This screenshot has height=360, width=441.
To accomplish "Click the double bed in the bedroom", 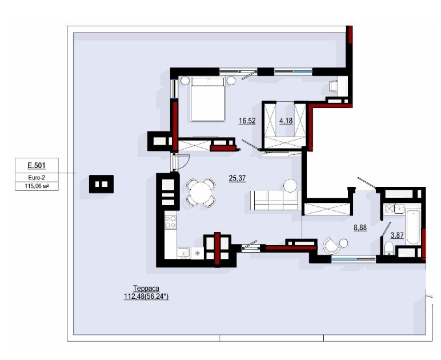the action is (x=208, y=99).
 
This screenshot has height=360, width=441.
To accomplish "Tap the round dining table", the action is (x=201, y=193).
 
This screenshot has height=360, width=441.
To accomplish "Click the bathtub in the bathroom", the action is (x=413, y=227).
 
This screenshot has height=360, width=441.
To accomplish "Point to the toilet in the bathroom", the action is (x=389, y=248).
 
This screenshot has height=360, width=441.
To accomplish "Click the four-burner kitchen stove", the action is (x=170, y=222).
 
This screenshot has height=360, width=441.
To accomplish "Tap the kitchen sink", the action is (x=184, y=253).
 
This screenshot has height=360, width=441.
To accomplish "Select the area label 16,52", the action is (x=247, y=121).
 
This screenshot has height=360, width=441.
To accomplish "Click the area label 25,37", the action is (x=238, y=178).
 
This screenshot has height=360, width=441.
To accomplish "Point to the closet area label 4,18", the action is (x=286, y=121).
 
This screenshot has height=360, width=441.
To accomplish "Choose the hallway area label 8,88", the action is (x=360, y=227).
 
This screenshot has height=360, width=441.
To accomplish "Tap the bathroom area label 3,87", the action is (x=397, y=235).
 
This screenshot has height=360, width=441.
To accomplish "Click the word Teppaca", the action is (x=146, y=288).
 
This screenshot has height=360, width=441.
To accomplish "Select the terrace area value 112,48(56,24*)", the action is (x=146, y=297).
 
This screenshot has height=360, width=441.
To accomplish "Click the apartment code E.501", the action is (x=37, y=166).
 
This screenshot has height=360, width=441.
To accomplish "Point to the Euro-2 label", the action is (x=37, y=178).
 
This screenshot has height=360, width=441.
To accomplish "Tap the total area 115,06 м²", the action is (x=37, y=186).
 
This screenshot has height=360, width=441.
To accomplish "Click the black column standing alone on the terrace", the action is (x=101, y=184).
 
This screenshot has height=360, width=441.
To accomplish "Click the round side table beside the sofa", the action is (x=290, y=186).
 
